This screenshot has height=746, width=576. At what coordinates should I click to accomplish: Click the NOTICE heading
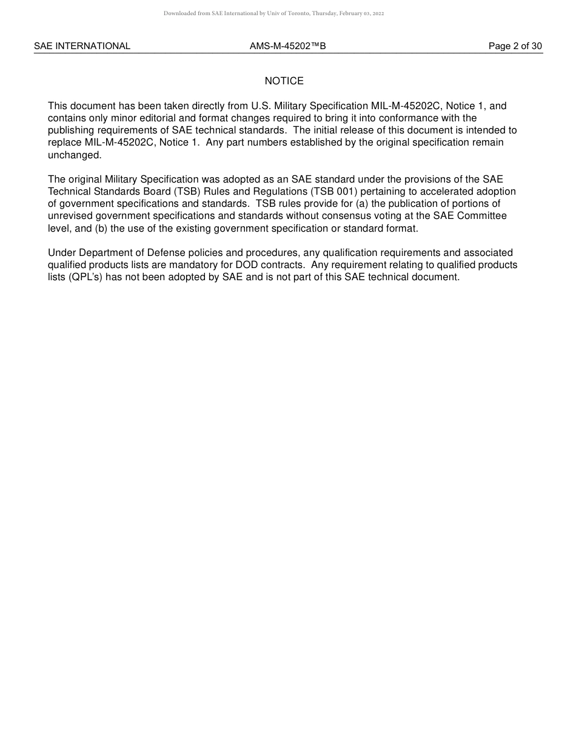coord(284,81)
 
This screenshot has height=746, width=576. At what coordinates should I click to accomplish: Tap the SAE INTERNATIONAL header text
coord(82,46)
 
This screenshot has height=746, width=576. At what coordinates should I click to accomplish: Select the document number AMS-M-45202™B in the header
coord(287,46)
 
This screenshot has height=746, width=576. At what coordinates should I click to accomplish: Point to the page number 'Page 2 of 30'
coord(515,46)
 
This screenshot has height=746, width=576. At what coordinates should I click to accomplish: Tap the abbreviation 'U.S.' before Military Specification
coord(261,106)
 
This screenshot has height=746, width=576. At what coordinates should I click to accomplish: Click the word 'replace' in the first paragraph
coord(65,143)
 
